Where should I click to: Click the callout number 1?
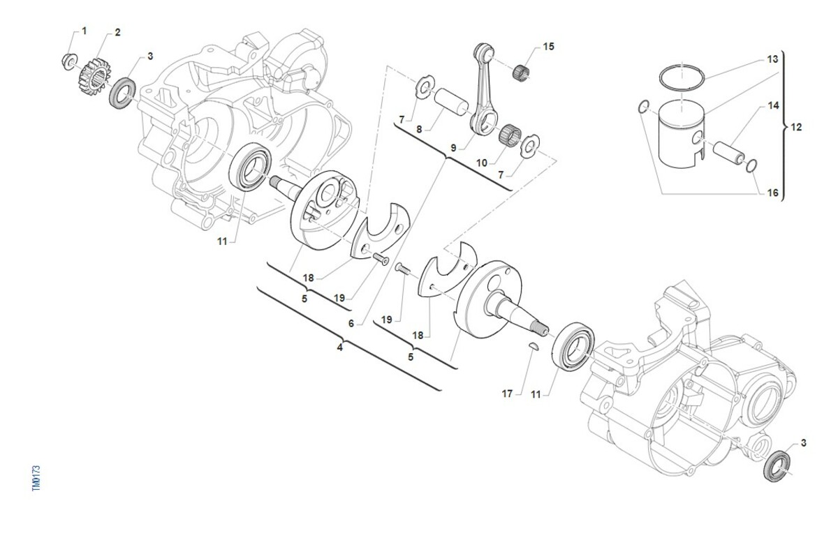pyautogui.click(x=84, y=31)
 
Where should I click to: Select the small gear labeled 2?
pyautogui.click(x=95, y=77)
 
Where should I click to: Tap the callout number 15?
pyautogui.click(x=548, y=47)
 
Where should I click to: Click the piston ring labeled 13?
pyautogui.click(x=682, y=77)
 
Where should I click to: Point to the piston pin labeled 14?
pyautogui.click(x=728, y=153)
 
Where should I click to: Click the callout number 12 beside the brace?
pyautogui.click(x=797, y=127)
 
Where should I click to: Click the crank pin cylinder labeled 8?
pyautogui.click(x=451, y=100)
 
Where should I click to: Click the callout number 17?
pyautogui.click(x=507, y=394)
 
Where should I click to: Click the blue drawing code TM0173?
pyautogui.click(x=36, y=478)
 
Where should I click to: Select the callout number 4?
pyautogui.click(x=339, y=347)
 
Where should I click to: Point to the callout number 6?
pyautogui.click(x=351, y=323)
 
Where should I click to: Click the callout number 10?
pyautogui.click(x=482, y=163)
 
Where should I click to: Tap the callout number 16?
pyautogui.click(x=772, y=193)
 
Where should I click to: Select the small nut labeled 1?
pyautogui.click(x=69, y=61)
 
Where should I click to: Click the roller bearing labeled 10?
pyautogui.click(x=510, y=134)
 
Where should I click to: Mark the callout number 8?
pyautogui.click(x=419, y=129)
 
